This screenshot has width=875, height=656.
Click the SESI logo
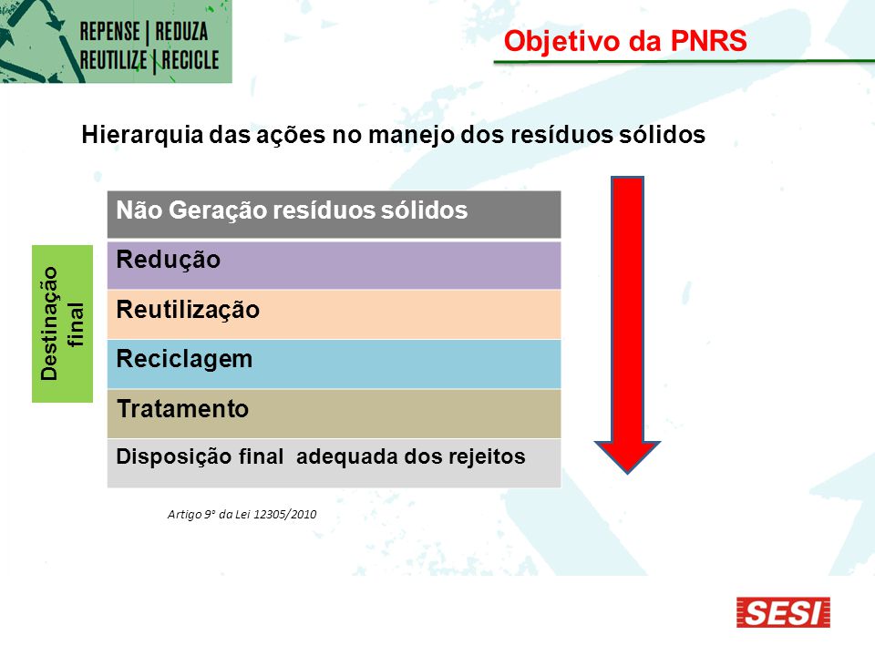coord(783,612)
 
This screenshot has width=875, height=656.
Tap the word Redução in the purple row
coord(168,261)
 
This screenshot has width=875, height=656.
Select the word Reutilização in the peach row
coord(188,310)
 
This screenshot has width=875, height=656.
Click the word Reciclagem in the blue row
coord(185,360)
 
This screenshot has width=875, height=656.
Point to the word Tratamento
coord(182,409)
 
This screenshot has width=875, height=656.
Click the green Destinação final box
coord(63,323)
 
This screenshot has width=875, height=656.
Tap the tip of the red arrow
coord(627,474)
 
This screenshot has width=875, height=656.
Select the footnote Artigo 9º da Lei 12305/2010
coord(242,514)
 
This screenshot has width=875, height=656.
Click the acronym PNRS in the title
coord(709,41)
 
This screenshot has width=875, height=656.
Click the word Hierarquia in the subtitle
coord(142,135)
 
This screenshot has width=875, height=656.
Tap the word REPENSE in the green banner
coord(110,31)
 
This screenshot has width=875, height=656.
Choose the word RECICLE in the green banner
coord(190,60)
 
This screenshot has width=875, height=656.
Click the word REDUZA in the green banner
coord(181,31)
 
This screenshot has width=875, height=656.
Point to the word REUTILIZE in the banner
coord(113,60)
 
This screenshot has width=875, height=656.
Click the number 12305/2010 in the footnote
coord(285,514)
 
